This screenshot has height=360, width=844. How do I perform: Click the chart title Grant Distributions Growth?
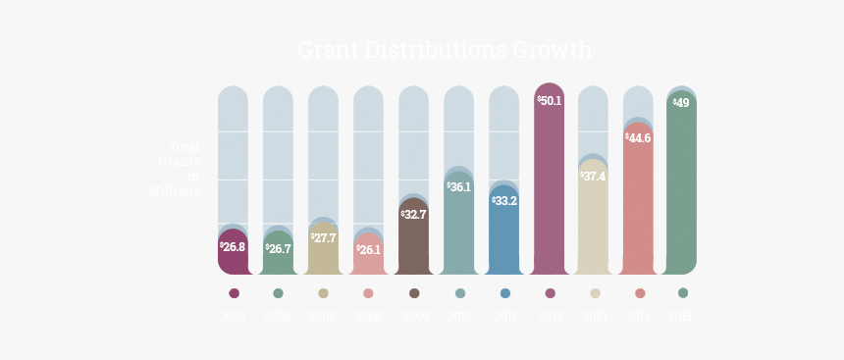pos(445,50)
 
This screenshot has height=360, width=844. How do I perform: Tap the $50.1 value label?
pos(550,101)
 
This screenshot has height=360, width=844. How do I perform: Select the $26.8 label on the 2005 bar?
pos(233,247)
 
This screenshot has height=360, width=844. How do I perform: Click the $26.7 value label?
pos(278,249)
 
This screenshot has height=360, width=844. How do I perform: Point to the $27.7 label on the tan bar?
pos(323,238)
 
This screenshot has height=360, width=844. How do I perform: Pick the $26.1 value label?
pos(368,250)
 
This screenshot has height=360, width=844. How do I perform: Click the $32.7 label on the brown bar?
pos(413,214)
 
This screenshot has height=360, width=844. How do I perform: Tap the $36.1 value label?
pos(458,186)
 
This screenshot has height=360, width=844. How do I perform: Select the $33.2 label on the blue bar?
pos(504,201)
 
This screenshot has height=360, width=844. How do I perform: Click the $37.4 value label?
pos(593,177)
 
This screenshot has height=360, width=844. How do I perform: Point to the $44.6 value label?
pos(638,138)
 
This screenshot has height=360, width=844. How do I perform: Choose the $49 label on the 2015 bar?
pos(681,103)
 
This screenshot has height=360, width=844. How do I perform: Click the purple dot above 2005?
pos(234,293)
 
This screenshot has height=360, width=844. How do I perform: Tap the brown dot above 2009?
pos(414,293)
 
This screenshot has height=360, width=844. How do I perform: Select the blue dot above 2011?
pos(505,293)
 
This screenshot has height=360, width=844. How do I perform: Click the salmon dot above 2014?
pos(640,293)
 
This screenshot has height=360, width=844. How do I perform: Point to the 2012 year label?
pos(550,317)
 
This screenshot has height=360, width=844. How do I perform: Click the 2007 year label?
pos(323,317)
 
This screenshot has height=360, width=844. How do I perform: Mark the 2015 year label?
pos(681,317)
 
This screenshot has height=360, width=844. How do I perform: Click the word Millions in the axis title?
pos(174,190)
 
